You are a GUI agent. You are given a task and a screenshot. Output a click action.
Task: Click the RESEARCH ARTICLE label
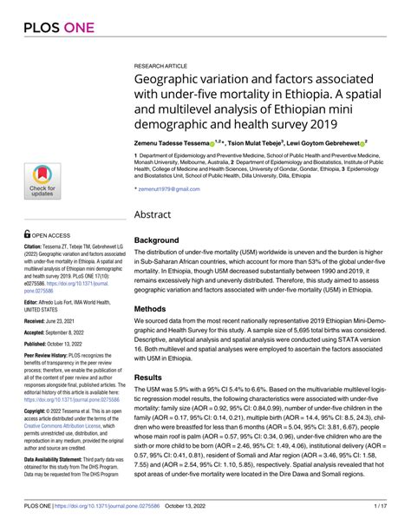point(163,64)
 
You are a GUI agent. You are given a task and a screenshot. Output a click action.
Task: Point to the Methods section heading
point(159,307)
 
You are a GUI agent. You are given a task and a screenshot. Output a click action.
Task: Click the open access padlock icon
point(27,234)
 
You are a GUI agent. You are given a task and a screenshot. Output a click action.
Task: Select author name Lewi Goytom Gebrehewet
point(332,140)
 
